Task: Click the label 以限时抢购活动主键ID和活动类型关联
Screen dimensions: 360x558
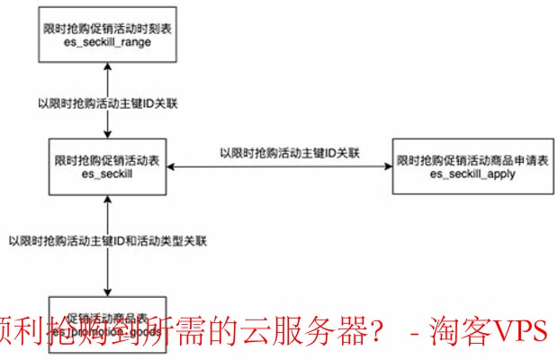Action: click(107, 241)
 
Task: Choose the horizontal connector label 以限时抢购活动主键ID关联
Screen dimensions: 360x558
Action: click(290, 153)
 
